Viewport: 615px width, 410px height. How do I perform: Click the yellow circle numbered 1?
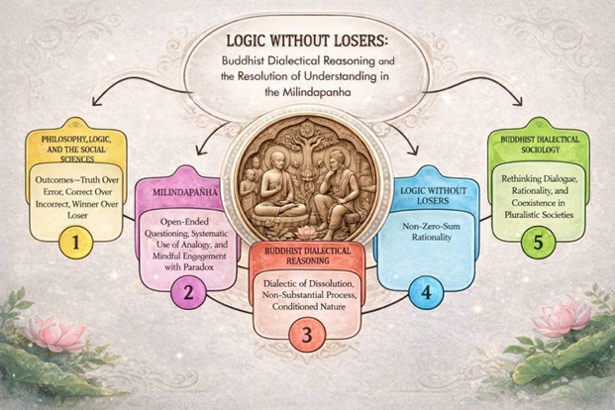pos(75,243)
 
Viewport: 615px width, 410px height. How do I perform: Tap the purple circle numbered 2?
pos(188,292)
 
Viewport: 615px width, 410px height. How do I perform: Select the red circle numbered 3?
pos(307,335)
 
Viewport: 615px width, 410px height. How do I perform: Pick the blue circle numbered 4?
pos(426,293)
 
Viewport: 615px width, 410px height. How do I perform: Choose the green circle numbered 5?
pos(538,242)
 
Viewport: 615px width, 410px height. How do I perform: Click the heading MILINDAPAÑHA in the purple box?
pos(185,193)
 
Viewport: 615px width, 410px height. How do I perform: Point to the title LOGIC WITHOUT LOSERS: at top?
pos(307,41)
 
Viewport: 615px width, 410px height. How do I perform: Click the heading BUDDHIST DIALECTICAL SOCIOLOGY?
pos(540,145)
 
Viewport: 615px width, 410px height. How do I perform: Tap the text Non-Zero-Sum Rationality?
pos(432,232)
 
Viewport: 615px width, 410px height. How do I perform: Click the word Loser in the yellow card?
pos(77,215)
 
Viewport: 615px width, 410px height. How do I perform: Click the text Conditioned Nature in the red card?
pos(308,306)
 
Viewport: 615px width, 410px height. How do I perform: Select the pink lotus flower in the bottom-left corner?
pos(54,333)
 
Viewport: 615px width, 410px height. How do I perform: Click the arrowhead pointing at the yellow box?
pos(96,101)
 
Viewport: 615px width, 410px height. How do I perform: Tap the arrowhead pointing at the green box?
pos(519,101)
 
